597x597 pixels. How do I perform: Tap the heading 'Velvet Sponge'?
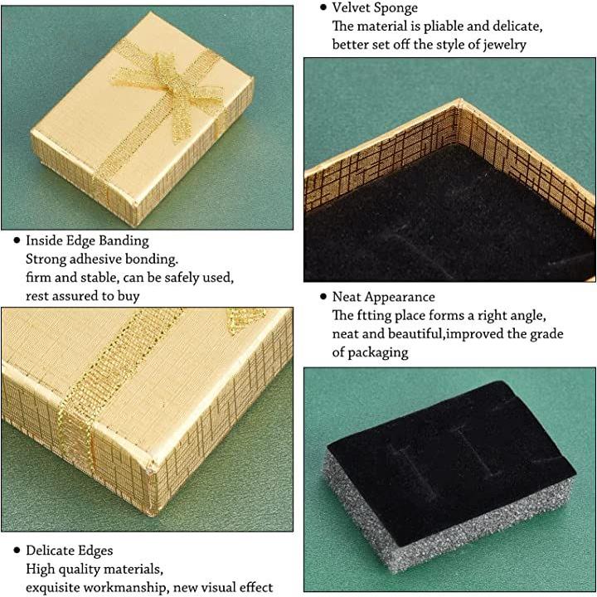(x=375, y=7)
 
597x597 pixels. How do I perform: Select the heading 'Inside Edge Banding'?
(x=87, y=240)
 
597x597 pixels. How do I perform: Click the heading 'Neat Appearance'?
(x=383, y=297)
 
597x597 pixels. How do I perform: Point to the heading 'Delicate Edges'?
(x=70, y=551)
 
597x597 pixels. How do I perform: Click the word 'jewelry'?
(x=504, y=45)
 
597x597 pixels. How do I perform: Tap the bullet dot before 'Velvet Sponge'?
(x=323, y=7)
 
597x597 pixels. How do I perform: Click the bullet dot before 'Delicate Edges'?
(x=17, y=551)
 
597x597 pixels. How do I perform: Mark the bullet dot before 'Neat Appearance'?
(x=323, y=297)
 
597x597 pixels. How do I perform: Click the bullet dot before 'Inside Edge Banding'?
(x=17, y=240)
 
